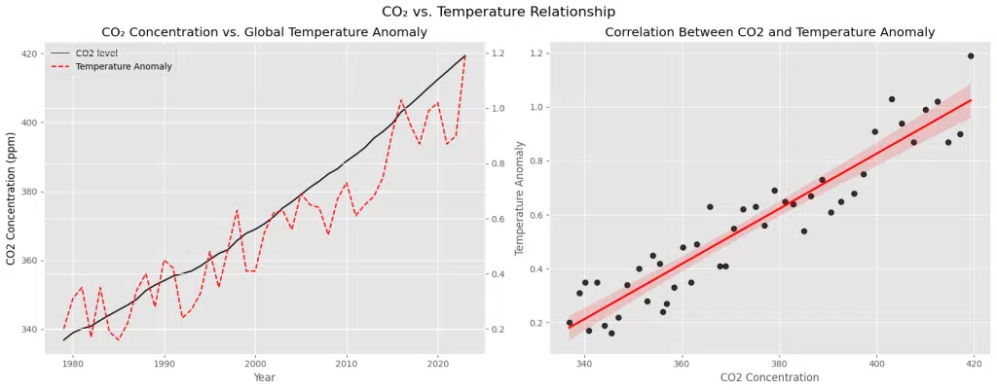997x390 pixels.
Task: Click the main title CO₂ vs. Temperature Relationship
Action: [x=498, y=12]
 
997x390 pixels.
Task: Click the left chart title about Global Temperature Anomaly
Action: [x=264, y=32]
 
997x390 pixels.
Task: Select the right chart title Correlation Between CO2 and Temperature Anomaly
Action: [x=770, y=32]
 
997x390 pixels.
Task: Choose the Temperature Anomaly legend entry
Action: [x=124, y=66]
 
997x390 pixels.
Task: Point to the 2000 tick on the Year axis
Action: [x=255, y=363]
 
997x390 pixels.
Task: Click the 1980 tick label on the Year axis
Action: [x=73, y=363]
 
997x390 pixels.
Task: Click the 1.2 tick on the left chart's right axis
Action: [x=499, y=53]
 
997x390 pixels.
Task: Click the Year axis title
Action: [x=264, y=376]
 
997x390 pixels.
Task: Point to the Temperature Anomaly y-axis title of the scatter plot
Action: [x=520, y=198]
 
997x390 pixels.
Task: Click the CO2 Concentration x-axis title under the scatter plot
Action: [x=770, y=376]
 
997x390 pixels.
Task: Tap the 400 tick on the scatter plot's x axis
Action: [x=876, y=363]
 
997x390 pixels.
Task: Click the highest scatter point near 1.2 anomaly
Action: [x=971, y=55]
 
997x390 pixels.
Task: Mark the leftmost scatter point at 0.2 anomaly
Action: [x=570, y=322]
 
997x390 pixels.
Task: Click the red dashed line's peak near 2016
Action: [x=401, y=99]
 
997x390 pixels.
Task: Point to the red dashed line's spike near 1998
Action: [x=237, y=209]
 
